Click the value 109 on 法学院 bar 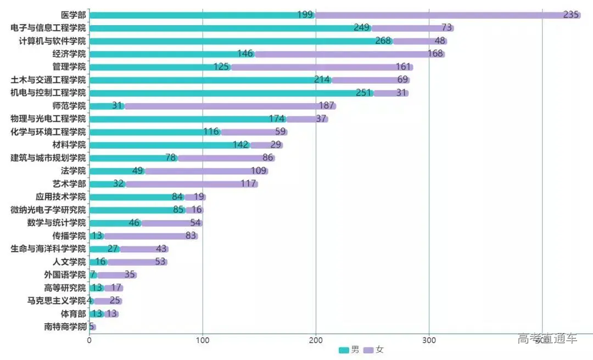[258, 171]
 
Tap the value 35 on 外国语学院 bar [130, 275]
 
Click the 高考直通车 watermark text [547, 339]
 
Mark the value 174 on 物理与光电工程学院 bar [276, 119]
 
